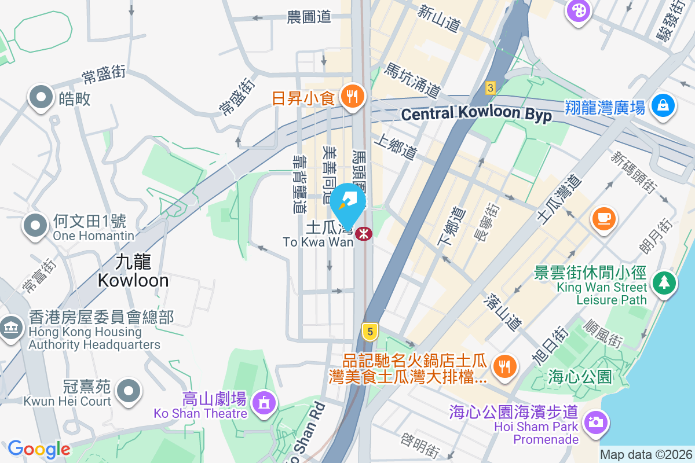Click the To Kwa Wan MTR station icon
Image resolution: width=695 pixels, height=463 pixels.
tap(364, 234)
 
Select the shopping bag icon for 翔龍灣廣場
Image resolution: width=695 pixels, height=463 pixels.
tap(662, 106)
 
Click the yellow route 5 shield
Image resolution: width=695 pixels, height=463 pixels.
tap(370, 332)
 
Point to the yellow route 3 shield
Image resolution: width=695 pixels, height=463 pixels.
tap(491, 88)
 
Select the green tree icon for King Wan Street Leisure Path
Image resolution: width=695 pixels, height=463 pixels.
tap(664, 283)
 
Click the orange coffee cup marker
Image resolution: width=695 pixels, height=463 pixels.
tap(603, 218)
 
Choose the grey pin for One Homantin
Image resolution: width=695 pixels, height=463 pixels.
tap(35, 225)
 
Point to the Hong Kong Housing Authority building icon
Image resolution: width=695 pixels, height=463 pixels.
tap(10, 328)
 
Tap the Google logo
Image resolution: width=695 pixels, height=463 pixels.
tap(39, 449)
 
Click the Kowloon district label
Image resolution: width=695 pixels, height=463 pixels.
tap(133, 271)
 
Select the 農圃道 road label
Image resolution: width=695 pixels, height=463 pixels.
tap(309, 17)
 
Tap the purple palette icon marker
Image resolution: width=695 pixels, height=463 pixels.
tap(577, 10)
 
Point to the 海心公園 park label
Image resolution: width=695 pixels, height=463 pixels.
tap(579, 377)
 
